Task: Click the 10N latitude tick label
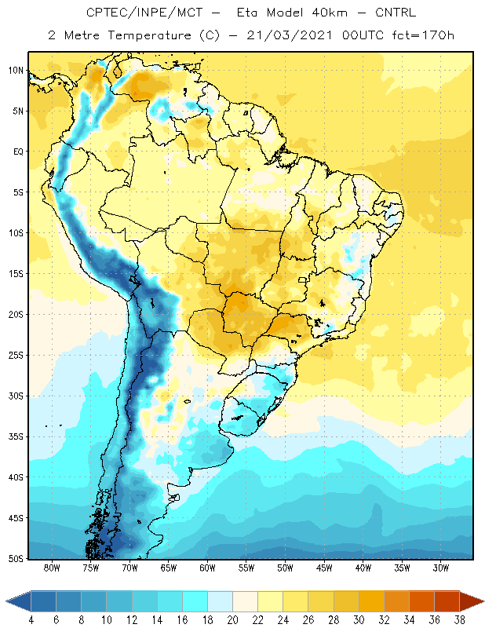tap(16, 71)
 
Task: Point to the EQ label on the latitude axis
tap(18, 152)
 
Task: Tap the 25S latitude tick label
tap(16, 356)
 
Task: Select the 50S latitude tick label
tap(16, 559)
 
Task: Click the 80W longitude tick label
tap(52, 568)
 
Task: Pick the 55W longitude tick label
tap(246, 568)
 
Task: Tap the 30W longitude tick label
tap(441, 568)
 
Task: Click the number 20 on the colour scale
tap(232, 620)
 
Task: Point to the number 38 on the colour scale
tap(460, 620)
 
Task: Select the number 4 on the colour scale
tap(31, 620)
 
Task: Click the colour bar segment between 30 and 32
tap(371, 601)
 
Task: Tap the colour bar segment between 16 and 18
tap(195, 601)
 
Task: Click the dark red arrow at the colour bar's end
tap(471, 601)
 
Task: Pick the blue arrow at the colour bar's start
tap(18, 601)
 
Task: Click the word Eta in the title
tap(246, 13)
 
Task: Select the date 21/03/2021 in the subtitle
tap(290, 35)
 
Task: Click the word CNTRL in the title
tap(396, 13)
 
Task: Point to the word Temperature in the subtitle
tap(149, 36)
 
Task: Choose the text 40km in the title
tap(329, 13)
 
